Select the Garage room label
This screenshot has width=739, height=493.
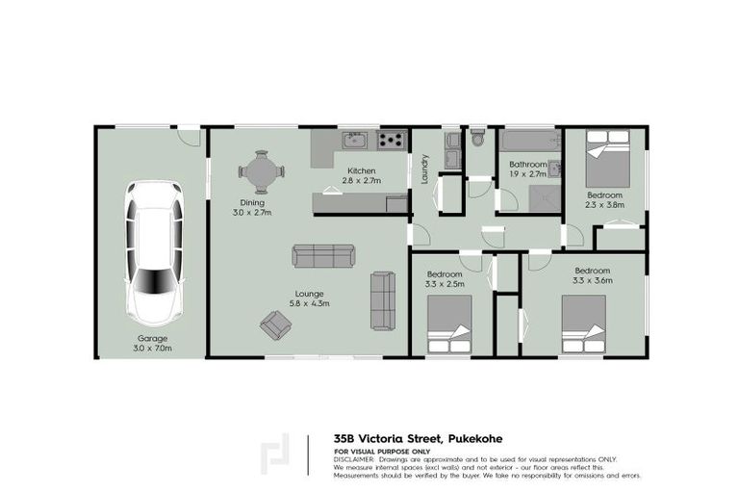click(x=152, y=339)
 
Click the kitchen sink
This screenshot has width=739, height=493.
click(x=353, y=142)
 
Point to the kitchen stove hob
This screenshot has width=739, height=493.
click(x=390, y=141)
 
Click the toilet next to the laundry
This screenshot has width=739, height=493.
click(x=478, y=140)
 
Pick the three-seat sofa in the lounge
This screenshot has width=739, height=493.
click(x=323, y=256)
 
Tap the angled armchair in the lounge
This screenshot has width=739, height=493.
click(x=274, y=325)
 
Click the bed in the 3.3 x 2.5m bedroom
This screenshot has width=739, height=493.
click(x=448, y=324)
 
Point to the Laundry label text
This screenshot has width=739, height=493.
click(x=422, y=170)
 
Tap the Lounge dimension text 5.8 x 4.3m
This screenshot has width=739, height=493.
click(x=309, y=303)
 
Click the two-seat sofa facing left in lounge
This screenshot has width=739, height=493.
click(x=383, y=299)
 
